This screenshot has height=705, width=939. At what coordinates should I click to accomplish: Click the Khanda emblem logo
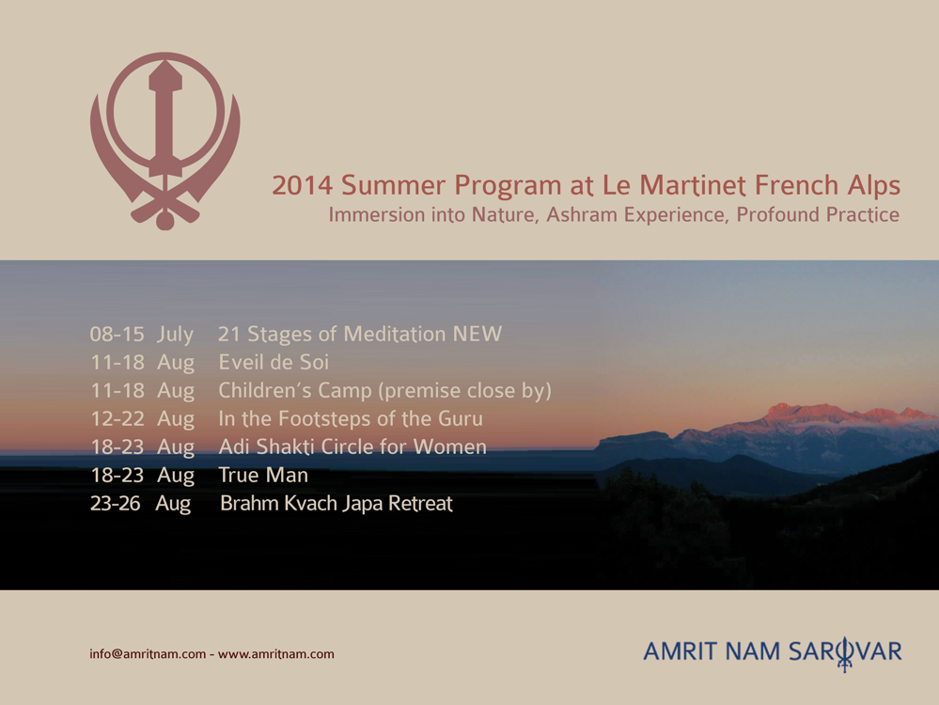165,141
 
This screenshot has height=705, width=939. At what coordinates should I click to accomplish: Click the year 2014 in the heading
302,185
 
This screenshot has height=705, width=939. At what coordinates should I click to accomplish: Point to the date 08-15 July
142,335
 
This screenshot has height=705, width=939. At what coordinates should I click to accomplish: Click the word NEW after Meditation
477,334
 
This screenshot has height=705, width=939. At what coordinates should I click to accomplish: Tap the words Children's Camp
295,390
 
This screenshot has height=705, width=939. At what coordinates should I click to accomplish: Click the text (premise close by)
464,390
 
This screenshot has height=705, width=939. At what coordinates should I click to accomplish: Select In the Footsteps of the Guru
351,418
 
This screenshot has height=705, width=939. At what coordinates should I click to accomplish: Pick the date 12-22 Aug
143,418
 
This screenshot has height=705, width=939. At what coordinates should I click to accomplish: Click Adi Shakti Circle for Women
352,446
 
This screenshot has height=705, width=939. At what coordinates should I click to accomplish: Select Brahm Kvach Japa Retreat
336,503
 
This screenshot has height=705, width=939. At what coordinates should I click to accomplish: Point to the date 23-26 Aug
141,503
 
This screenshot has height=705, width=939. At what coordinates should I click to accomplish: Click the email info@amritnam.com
148,653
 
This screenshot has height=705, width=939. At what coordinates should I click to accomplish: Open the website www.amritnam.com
276,653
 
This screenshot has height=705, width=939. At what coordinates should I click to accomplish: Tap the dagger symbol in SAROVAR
844,654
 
